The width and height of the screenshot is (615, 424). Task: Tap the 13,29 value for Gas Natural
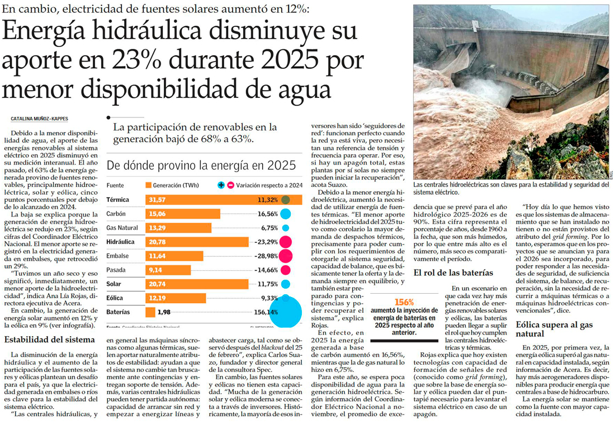tap(157, 228)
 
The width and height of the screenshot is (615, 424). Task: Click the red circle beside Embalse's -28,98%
tap(286, 256)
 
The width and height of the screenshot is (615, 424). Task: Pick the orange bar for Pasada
tap(168, 270)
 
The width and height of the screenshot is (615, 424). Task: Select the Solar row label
tap(113, 284)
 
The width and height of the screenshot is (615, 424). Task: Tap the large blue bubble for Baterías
tap(286, 312)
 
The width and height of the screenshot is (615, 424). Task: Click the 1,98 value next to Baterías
tap(164, 312)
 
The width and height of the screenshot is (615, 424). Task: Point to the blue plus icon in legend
tap(221, 185)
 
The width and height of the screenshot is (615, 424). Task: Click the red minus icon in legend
tap(230, 185)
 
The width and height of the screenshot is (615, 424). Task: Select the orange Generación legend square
tap(148, 185)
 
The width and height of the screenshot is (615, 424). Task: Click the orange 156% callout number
tap(404, 302)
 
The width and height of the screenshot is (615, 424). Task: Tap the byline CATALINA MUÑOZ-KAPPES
tap(39, 119)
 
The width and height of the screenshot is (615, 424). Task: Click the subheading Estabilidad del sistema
tap(50, 340)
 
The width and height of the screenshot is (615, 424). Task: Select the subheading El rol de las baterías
tap(453, 273)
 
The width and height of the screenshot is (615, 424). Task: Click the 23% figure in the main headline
tap(149, 59)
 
